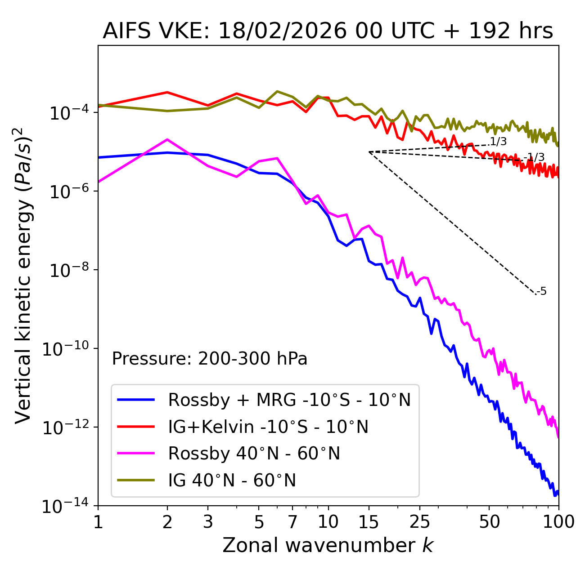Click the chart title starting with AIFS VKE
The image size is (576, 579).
(328, 31)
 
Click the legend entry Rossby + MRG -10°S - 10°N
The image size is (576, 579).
(289, 400)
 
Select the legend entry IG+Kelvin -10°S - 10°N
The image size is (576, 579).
(268, 427)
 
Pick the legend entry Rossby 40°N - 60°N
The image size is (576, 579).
(254, 454)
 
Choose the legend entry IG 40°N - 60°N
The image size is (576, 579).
(232, 481)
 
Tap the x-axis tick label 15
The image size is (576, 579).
(369, 522)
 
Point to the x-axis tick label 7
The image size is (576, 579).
(293, 522)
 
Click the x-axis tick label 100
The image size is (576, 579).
(558, 522)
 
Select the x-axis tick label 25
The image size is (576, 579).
(420, 522)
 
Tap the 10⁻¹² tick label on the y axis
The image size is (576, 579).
(66, 428)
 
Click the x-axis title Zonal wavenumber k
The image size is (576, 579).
(328, 546)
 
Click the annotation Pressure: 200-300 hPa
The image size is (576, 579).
(209, 359)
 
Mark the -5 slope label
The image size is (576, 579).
(542, 291)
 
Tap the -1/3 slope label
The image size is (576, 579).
(535, 157)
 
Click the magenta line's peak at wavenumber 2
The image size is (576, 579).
(167, 139)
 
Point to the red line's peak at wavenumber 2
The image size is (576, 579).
(167, 92)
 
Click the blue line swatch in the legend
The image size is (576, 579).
(136, 400)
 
